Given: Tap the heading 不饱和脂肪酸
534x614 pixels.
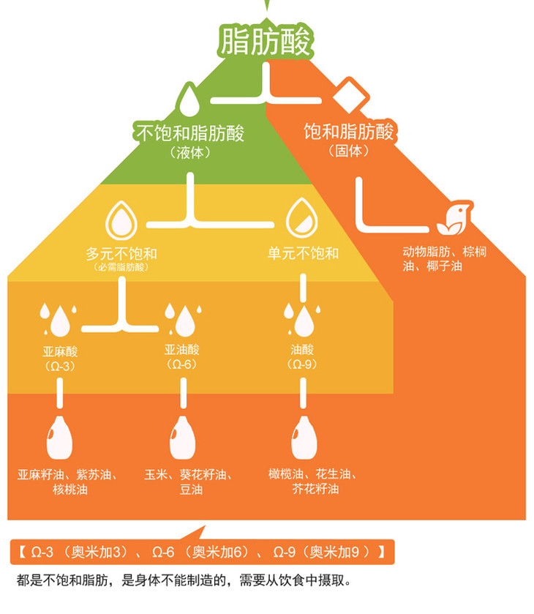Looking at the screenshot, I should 189,134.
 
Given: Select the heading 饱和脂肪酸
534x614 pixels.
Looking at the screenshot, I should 349,132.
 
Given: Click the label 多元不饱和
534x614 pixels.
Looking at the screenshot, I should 121,254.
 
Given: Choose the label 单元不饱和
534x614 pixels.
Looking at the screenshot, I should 303,254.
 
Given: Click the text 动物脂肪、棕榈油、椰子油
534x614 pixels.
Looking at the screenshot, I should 444,258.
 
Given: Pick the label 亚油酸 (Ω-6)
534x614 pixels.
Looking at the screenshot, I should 181,356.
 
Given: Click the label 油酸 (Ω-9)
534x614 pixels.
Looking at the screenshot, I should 303,357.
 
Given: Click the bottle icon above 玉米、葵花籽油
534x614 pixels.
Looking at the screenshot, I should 181,438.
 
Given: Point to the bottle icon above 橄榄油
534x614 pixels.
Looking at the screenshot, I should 303,438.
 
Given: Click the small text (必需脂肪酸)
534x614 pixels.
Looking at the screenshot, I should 121,268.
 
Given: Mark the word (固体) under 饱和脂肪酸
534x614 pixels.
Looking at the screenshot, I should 348,151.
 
